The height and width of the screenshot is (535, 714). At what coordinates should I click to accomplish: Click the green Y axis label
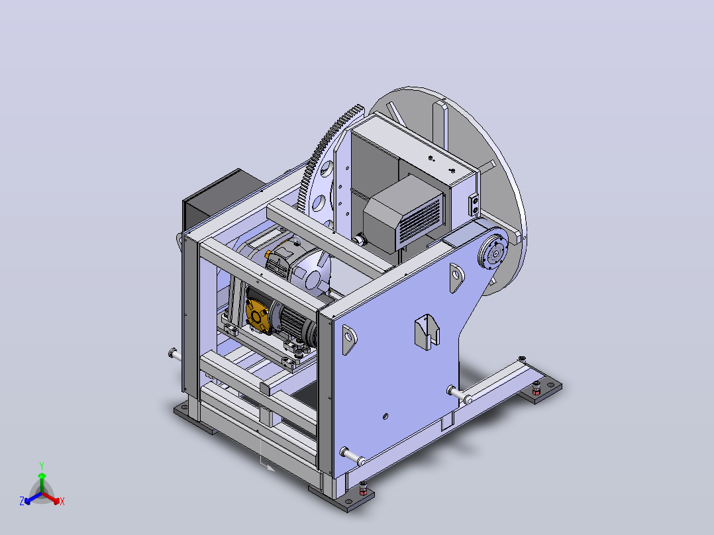[x=42, y=465]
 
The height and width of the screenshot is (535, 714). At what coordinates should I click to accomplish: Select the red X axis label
[x=62, y=501]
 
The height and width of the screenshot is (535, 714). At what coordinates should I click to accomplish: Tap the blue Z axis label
[x=22, y=501]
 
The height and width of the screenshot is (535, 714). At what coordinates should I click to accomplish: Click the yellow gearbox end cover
[x=258, y=314]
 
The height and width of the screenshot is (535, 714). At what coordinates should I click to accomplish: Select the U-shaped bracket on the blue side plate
[x=427, y=332]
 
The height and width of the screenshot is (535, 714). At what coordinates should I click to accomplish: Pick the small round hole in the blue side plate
[x=385, y=416]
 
